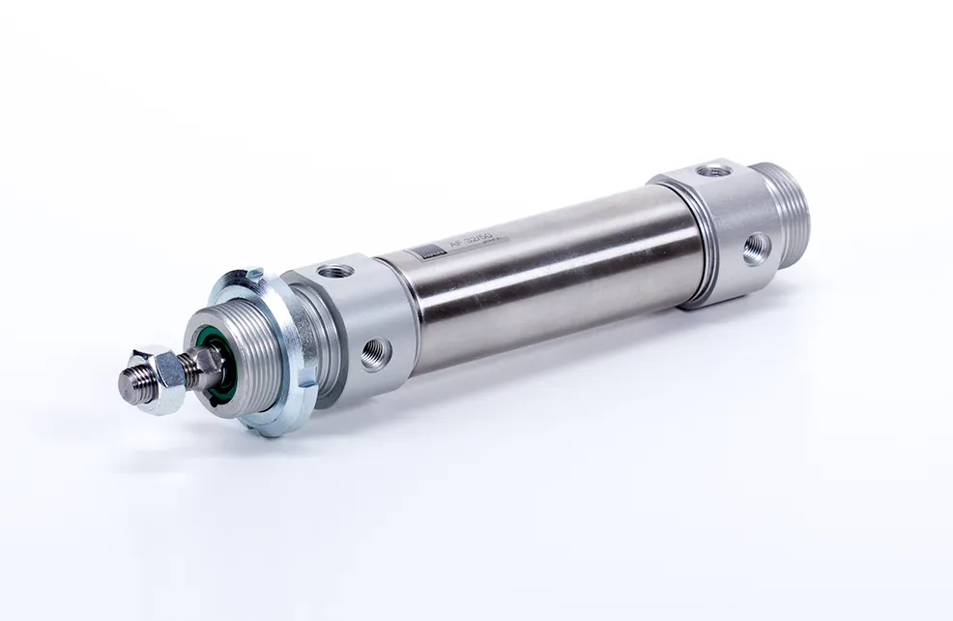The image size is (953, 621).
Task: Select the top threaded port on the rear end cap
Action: point(715,171)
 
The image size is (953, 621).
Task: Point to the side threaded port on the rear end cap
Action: point(755,249)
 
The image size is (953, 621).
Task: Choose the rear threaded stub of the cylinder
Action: point(789,213)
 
